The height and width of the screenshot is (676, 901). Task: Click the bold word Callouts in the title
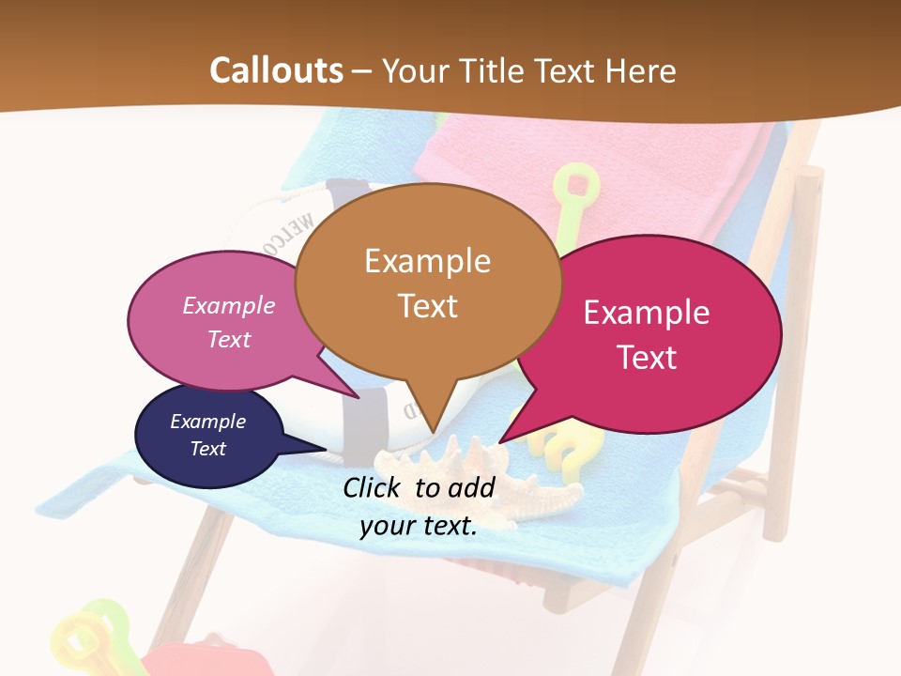[276, 70]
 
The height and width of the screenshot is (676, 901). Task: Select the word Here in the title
[642, 70]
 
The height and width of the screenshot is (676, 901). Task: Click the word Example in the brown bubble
[428, 260]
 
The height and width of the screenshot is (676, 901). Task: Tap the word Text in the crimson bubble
[647, 357]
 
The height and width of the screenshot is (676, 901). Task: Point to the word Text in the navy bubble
[208, 449]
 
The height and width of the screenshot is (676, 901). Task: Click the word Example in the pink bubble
[229, 305]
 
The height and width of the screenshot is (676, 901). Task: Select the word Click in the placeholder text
[374, 487]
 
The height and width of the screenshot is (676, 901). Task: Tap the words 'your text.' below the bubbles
[419, 526]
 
